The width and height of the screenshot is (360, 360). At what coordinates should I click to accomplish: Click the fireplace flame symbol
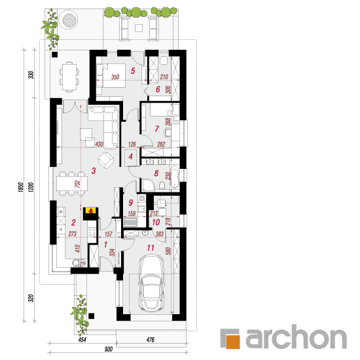click(91, 210)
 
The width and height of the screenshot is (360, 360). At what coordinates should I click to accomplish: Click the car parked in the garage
click(151, 283)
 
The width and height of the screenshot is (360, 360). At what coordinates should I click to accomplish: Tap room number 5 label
click(133, 71)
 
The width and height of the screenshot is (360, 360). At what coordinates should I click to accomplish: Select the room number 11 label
click(151, 247)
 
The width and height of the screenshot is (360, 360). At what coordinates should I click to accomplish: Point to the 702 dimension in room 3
click(77, 185)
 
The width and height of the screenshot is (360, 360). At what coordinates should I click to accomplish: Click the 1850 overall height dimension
click(21, 187)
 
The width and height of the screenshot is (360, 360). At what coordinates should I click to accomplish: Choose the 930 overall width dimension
click(109, 350)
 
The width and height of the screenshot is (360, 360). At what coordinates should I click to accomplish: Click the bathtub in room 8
click(175, 176)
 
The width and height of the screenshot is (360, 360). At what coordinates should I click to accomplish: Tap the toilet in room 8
click(162, 185)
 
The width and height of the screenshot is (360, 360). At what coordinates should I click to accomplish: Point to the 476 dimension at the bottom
click(151, 340)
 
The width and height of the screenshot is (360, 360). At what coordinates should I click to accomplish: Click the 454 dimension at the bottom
click(82, 340)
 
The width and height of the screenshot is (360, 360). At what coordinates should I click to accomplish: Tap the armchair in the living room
click(106, 160)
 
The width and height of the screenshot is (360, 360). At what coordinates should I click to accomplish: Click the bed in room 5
click(114, 75)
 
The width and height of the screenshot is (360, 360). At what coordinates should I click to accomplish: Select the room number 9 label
click(131, 202)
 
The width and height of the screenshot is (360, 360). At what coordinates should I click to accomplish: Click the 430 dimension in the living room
click(99, 144)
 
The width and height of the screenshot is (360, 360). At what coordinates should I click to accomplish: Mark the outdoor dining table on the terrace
click(69, 77)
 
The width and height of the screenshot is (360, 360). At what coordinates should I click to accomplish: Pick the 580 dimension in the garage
click(169, 251)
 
